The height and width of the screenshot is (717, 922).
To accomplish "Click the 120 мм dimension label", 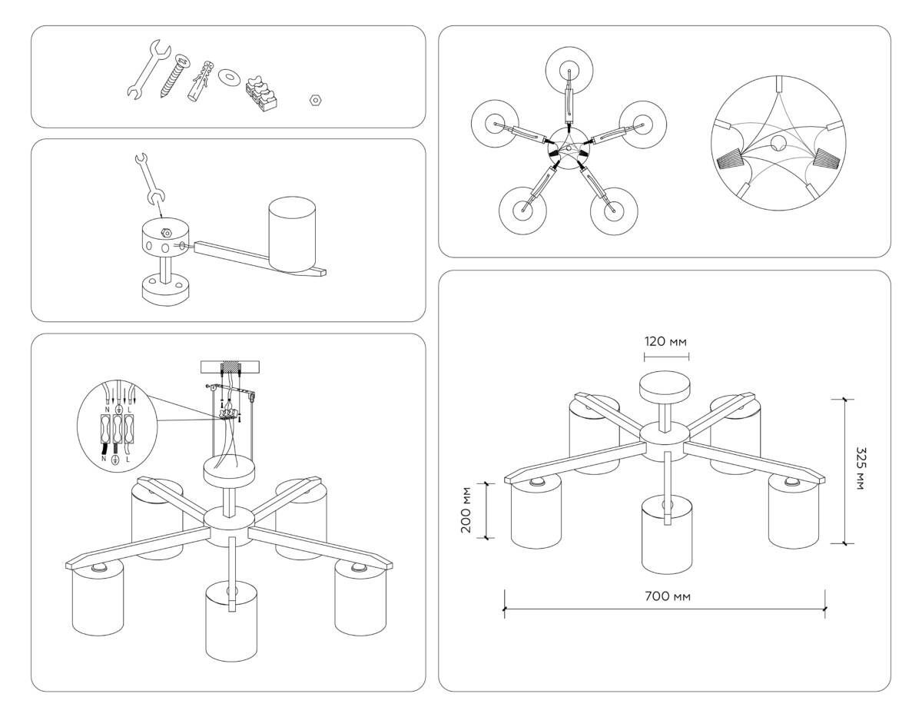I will point(665,341).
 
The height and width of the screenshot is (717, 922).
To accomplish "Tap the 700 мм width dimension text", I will point(664,597).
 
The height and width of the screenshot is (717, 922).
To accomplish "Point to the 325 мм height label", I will point(857,470).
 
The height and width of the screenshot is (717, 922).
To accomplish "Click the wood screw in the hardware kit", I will point(174,75).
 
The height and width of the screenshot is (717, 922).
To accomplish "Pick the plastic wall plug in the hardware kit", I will point(199,80).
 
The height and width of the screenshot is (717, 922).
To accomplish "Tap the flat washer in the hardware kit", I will point(228,77).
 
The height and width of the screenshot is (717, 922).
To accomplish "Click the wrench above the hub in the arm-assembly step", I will point(150,181).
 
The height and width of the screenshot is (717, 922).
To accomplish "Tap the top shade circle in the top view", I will point(569,70).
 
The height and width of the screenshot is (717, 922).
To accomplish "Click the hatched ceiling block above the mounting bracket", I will point(230,367).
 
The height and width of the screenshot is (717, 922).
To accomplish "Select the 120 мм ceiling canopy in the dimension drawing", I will point(665,385).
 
